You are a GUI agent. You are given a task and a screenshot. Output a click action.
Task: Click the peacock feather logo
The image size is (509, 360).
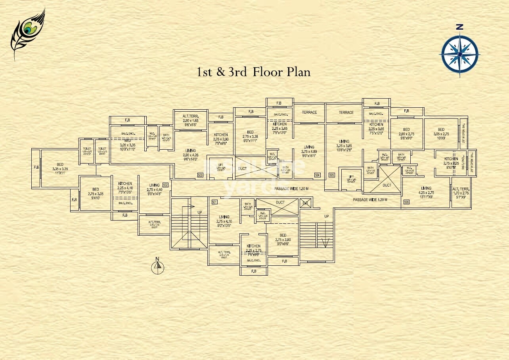coord(27,33)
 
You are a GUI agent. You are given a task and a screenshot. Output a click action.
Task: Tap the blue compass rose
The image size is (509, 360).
coord(459,53)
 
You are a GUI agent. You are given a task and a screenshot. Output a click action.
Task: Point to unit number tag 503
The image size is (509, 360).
coord(200,175)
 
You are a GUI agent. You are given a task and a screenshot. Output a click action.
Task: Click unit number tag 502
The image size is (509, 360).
coord(165,185)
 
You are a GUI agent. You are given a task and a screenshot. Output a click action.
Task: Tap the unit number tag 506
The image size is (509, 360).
coord(406,202)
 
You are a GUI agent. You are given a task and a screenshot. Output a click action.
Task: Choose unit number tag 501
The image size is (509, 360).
coord(214,202)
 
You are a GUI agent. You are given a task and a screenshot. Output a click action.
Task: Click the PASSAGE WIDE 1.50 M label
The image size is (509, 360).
coord(291,189)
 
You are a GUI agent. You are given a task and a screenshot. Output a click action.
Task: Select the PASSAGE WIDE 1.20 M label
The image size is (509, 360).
coord(370,200)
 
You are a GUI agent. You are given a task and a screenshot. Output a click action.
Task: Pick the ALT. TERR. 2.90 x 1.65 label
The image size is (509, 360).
coord(190,120)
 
